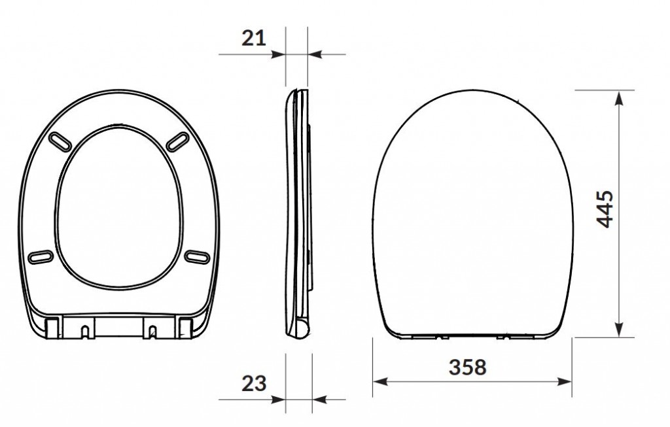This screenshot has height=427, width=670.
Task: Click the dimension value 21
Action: (253, 38)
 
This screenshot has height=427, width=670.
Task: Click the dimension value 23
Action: (254, 383)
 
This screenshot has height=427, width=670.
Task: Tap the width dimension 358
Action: (467, 367)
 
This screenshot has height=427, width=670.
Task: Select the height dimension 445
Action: (605, 209)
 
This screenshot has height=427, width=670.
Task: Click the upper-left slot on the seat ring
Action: (60, 142)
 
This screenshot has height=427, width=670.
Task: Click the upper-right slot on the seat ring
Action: (177, 142)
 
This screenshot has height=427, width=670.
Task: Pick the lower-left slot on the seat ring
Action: (41, 257)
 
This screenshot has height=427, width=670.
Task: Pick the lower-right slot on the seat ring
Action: (197, 257)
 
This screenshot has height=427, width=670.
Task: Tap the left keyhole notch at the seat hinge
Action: (86, 332)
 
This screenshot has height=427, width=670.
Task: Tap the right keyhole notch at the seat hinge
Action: (152, 332)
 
